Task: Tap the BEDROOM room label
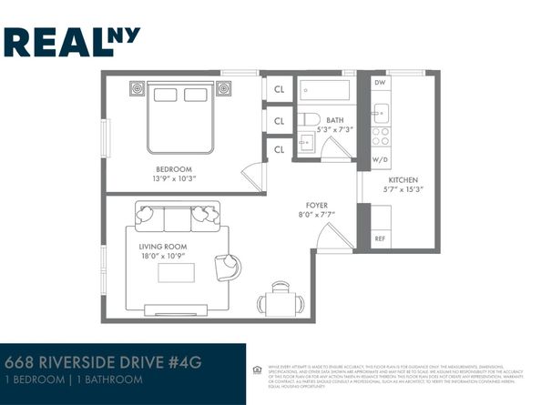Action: coord(173,169)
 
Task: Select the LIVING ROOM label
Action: coord(162,247)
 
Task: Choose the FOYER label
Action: coord(316,205)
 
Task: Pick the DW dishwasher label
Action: coord(380,83)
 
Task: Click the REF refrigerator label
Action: coord(381,238)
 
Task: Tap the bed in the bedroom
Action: coord(180,117)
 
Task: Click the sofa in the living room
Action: coord(178,218)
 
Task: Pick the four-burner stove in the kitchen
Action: coord(381,137)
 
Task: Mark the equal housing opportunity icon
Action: coord(258,370)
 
